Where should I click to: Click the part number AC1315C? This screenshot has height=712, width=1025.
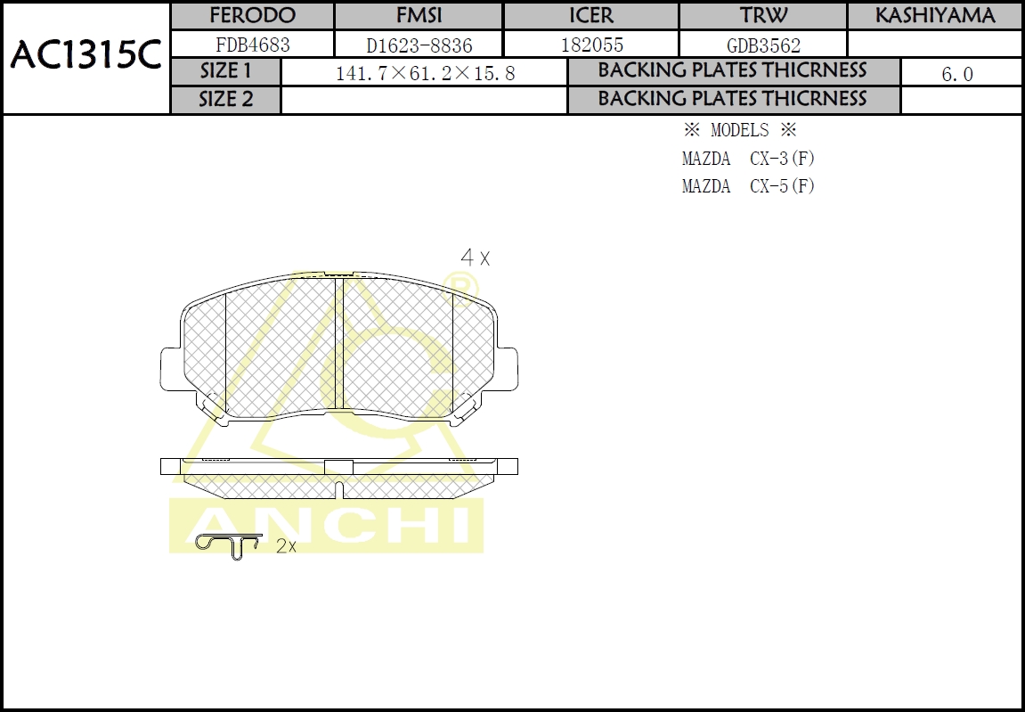85,57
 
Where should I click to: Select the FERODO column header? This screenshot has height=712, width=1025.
252,16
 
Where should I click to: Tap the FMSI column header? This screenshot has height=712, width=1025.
419,16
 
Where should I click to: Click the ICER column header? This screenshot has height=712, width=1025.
590,16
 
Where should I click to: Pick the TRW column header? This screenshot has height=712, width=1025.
762,16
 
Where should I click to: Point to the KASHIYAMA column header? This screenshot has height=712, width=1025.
934,16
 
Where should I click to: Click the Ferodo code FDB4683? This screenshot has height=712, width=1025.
252,44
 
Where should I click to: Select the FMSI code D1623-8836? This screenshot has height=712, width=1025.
419,45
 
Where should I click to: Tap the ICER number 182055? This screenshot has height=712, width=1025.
590,45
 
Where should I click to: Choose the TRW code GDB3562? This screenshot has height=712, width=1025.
762,45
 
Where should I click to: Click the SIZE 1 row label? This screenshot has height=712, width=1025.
225,71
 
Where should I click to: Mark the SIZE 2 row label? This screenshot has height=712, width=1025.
225,99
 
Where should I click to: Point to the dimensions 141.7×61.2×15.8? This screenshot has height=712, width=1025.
425,74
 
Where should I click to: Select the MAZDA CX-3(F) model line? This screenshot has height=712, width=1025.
748,160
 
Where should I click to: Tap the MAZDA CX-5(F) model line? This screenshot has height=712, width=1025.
748,186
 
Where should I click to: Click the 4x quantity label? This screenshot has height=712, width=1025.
475,258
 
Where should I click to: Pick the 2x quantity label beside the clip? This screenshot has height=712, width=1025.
286,546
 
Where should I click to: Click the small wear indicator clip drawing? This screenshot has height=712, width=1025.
227,544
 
